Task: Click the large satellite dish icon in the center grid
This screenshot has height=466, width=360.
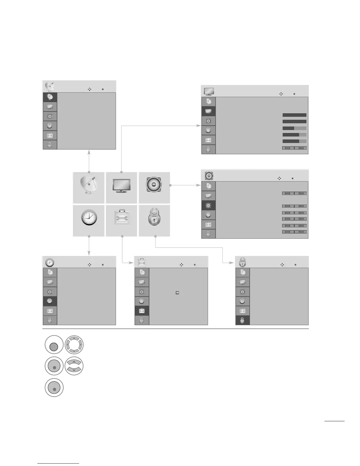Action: (x=89, y=187)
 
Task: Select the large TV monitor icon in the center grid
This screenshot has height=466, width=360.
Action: (x=121, y=187)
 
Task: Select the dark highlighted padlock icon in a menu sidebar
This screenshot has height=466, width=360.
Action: (x=242, y=320)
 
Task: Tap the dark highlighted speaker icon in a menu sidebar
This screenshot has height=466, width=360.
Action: (x=209, y=205)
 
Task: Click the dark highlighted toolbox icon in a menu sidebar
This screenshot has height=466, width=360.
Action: (x=142, y=311)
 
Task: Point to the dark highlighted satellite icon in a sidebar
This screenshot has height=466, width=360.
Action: (x=50, y=97)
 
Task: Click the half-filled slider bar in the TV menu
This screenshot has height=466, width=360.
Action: (x=294, y=128)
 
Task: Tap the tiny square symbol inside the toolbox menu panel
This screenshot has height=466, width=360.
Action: (x=177, y=293)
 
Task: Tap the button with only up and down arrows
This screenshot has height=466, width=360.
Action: (x=74, y=366)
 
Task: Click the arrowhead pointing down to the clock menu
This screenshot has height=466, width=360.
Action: (x=89, y=253)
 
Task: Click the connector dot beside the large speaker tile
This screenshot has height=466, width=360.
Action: (x=171, y=185)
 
